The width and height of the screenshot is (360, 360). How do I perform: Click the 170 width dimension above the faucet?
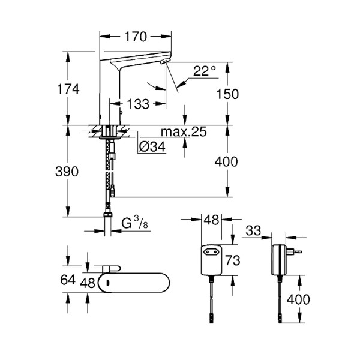pos(135,37)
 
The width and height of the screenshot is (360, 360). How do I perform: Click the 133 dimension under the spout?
pos(138,104)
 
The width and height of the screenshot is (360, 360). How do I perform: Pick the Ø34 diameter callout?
pos(152,147)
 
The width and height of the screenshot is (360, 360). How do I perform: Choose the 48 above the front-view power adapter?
pos(211,221)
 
